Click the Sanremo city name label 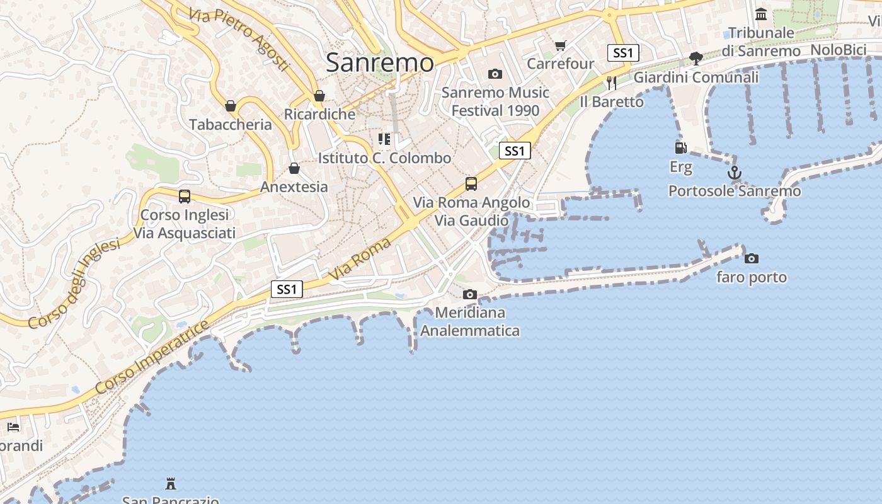pos(380,62)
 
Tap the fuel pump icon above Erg pos(680,148)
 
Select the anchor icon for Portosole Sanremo pos(734,172)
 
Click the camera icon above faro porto pos(752,258)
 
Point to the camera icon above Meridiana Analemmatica pos(469,294)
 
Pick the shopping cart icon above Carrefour pos(560,45)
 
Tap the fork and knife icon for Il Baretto pos(610,83)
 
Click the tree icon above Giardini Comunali pos(696,59)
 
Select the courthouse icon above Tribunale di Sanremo pos(761,14)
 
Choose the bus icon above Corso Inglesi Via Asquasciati pos(184,197)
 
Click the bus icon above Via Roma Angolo pos(471,184)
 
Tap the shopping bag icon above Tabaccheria pos(231,106)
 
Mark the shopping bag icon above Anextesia pos(294,168)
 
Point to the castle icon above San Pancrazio pos(170,484)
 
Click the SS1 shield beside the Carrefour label pos(622,53)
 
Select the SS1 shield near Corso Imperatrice pos(287,289)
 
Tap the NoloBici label pos(839,50)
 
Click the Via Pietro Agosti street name pos(239,38)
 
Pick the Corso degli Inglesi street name pos(74,284)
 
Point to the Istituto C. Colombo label pos(384,158)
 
